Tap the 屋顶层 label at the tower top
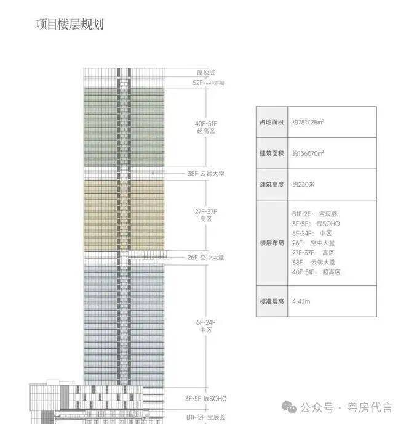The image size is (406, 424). click(x=206, y=72)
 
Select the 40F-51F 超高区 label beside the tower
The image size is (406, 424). click(x=205, y=128)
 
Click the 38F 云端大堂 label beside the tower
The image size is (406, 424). click(x=205, y=174)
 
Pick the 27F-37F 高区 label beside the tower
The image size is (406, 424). click(x=205, y=215)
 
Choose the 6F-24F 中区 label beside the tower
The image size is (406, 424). click(x=205, y=326)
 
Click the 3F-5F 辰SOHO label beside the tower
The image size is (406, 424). click(x=206, y=399)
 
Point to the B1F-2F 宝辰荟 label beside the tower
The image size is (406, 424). click(x=206, y=418)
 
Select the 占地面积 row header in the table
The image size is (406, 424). click(x=271, y=122)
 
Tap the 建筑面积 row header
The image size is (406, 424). click(x=271, y=153)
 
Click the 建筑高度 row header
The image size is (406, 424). click(x=271, y=184)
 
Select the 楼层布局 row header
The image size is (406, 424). click(x=271, y=242)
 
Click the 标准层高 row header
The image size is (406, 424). click(x=271, y=301)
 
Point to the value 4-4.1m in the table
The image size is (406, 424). click(x=302, y=301)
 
